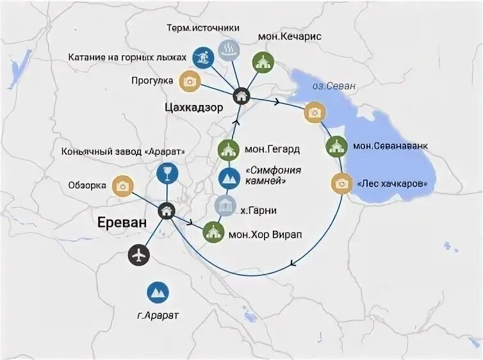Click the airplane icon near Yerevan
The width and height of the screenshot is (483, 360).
click(138, 255)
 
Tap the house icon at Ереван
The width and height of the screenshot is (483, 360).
click(167, 209)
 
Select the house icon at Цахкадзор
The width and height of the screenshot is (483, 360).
click(241, 95)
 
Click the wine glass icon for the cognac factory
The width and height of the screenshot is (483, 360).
click(167, 173)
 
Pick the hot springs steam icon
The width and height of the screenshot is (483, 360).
click(227, 50)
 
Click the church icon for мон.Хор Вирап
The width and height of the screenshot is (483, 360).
click(213, 232)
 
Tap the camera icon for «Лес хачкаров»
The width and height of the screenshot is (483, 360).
click(341, 184)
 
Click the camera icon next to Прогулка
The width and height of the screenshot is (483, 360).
click(190, 81)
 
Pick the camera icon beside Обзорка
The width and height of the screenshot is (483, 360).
click(122, 186)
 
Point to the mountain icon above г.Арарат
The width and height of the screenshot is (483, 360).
click(158, 292)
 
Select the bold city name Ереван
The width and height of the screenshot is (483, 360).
click(122, 222)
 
